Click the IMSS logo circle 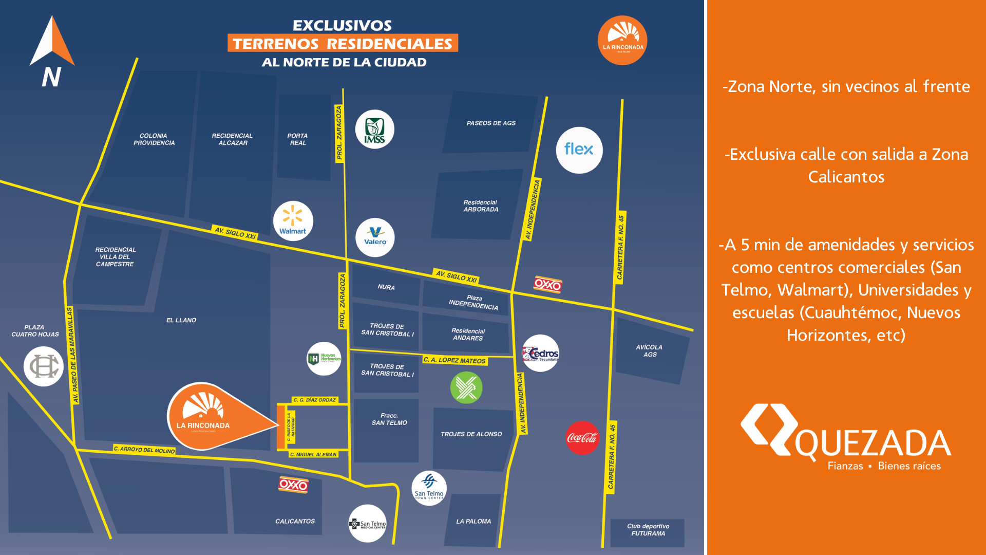(375, 129)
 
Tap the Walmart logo (293, 220)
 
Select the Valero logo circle (375, 237)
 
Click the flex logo (579, 150)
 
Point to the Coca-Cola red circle (582, 438)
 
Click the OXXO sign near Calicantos (293, 485)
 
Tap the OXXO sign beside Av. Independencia (548, 284)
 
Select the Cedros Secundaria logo (540, 354)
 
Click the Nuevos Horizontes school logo (324, 358)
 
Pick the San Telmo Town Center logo (429, 488)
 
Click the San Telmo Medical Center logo (368, 524)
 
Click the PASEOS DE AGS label (491, 123)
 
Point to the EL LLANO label (181, 320)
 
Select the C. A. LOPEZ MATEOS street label (454, 360)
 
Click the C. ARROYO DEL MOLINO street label (144, 450)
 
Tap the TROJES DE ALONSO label (471, 434)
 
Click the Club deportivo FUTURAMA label (648, 530)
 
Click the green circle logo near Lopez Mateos (466, 387)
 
